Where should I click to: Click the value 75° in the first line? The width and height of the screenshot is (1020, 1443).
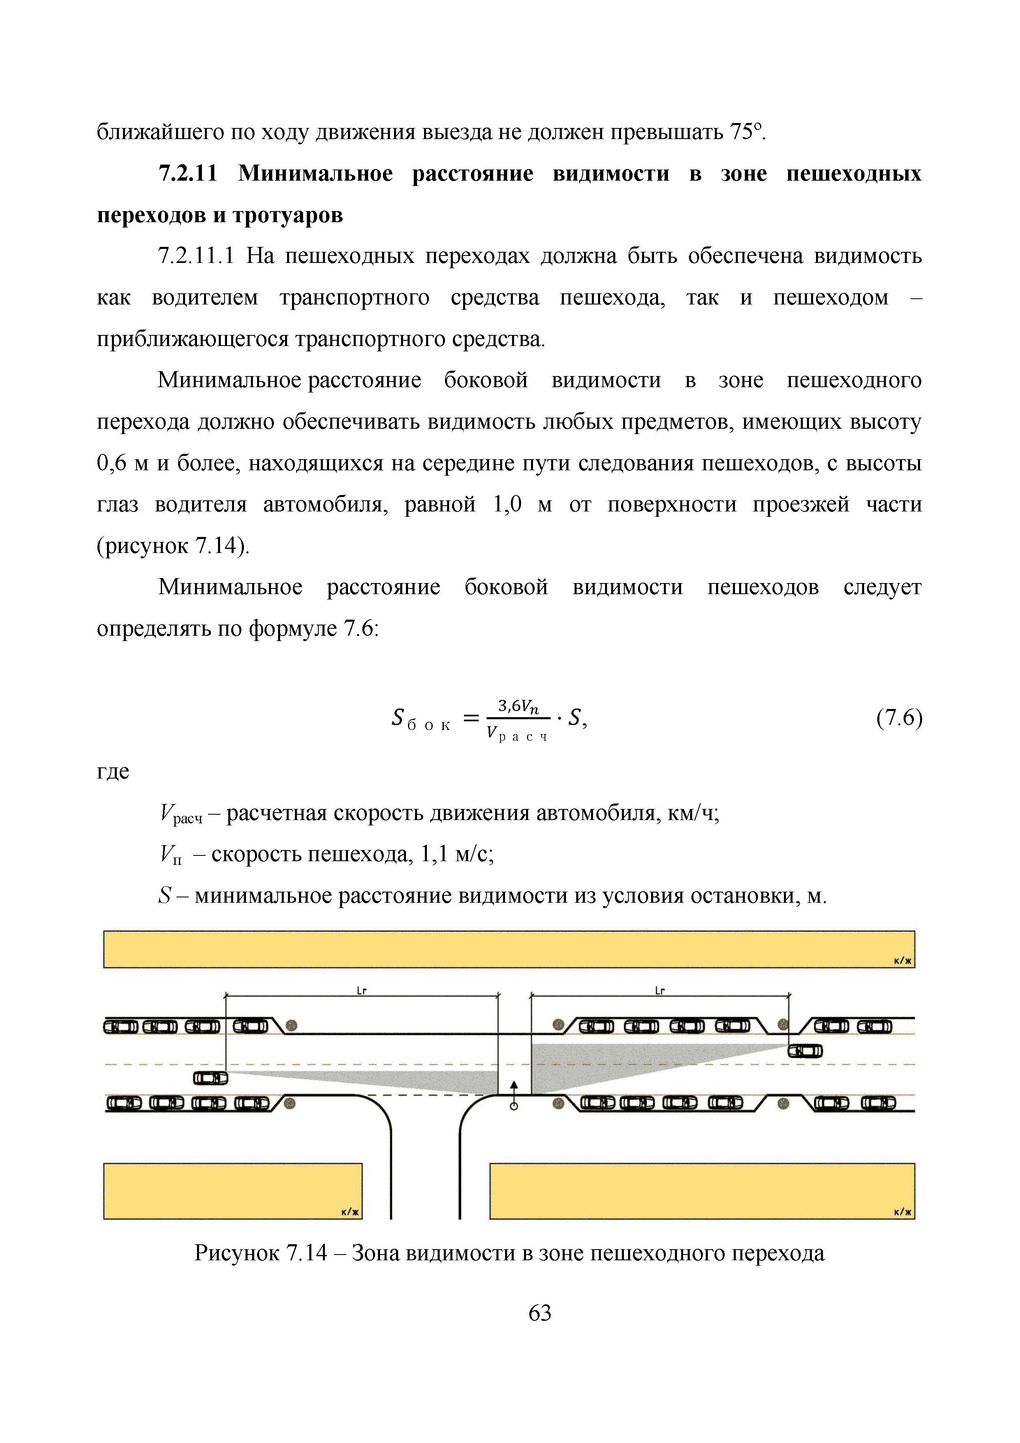tap(746, 132)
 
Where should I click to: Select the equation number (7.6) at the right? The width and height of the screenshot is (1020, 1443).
tap(899, 718)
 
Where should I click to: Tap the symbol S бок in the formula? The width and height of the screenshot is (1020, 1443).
tap(419, 719)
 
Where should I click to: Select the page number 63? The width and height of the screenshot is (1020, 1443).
tap(540, 1313)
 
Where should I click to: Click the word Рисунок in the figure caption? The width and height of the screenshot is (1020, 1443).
tap(237, 1253)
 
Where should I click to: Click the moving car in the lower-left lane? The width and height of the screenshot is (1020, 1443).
tap(211, 1078)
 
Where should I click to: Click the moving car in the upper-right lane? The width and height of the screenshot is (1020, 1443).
tap(805, 1051)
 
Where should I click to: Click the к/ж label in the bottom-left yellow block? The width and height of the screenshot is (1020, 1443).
tap(350, 1212)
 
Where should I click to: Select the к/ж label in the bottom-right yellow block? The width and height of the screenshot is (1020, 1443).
tap(902, 1212)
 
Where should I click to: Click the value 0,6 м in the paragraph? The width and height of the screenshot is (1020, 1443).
tap(123, 463)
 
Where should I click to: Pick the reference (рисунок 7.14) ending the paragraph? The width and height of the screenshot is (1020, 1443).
tap(173, 546)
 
